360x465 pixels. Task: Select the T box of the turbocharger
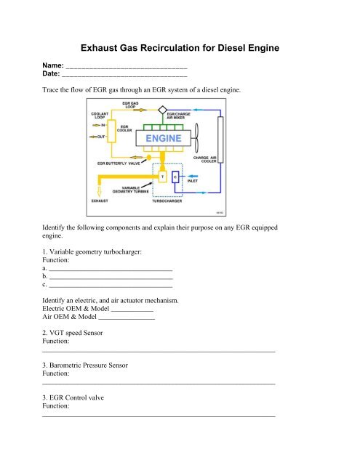tap(161, 177)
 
